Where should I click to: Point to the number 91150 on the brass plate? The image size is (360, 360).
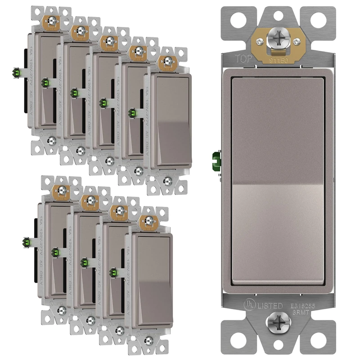coord(278,59)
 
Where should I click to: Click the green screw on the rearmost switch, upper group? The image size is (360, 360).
coord(18,72)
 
